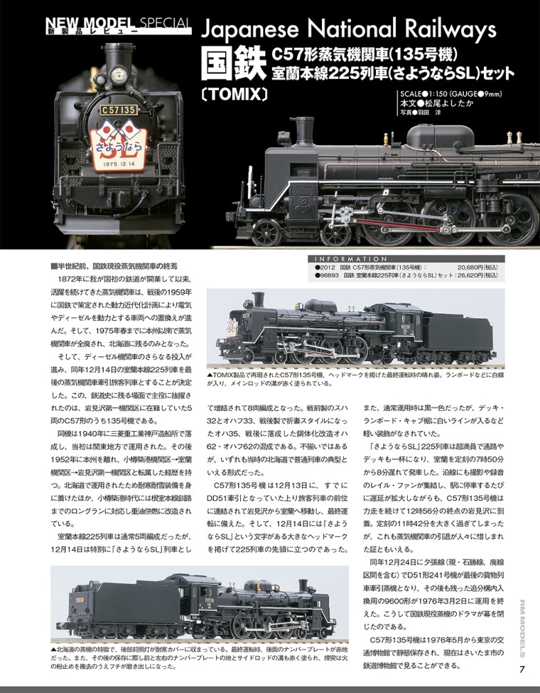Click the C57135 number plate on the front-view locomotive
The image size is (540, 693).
point(119,109)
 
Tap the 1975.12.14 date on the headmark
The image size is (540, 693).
point(118,164)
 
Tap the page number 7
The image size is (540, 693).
point(522,669)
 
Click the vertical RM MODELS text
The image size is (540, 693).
point(522,629)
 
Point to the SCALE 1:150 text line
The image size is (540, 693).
point(451,94)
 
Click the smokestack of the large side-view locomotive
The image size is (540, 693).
point(304,131)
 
